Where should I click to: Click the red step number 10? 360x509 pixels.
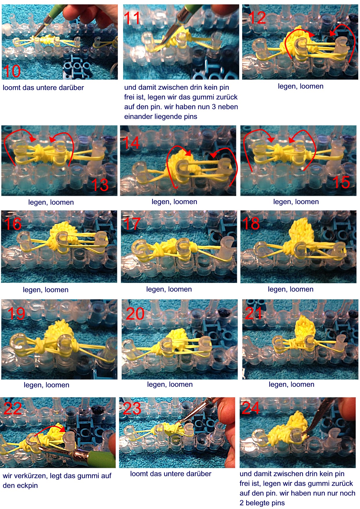pos(12,71)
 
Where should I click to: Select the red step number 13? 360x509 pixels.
pos(100,185)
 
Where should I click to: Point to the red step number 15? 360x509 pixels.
pos(341,182)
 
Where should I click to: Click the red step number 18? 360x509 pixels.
pos(251,223)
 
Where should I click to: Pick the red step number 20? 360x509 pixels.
pos(135,314)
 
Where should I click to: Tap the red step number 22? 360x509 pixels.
pos(13,408)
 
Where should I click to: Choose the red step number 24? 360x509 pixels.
pos(251,408)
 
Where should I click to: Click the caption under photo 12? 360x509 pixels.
pos(300,86)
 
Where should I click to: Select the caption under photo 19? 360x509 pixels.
pos(46,385)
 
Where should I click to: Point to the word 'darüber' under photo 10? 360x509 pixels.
pos(71,88)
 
